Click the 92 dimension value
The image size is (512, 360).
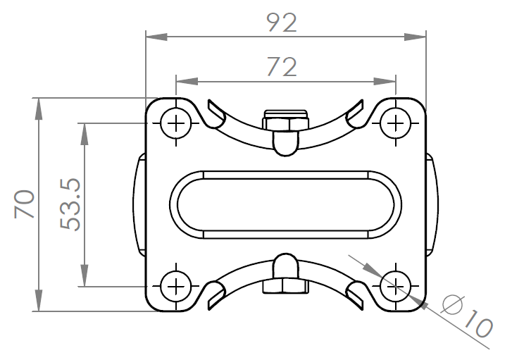[282, 23]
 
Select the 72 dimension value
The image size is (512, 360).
[282, 67]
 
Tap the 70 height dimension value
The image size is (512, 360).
[25, 204]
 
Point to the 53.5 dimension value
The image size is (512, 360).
[70, 204]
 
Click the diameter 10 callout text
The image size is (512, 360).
[468, 316]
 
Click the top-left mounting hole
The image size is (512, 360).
[176, 123]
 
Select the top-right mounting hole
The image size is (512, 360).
[395, 123]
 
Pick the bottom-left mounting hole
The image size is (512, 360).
[176, 286]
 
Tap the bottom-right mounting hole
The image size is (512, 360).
[395, 286]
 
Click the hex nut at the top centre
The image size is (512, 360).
[286, 121]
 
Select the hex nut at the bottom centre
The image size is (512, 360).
[286, 286]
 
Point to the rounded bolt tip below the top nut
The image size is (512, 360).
[286, 143]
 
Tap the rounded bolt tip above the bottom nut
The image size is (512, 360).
[286, 266]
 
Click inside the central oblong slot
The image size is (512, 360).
[286, 205]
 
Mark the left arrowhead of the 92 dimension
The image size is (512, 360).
[156, 37]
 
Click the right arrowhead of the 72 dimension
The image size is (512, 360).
[385, 81]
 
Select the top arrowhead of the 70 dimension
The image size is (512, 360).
[39, 108]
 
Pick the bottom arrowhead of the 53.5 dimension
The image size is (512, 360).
[85, 275]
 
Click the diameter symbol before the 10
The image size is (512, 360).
[453, 304]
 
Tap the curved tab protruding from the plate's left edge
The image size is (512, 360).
[139, 205]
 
